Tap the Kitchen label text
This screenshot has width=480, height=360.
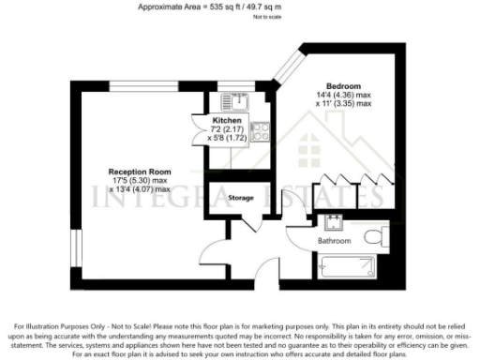pos(228,121)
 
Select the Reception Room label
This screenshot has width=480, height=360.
pos(139,172)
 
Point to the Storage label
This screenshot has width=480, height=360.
pos(241,198)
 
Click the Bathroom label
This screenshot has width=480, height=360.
pos(334,241)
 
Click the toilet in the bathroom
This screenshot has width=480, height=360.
pos(375,234)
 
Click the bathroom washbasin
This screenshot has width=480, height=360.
pos(333,222)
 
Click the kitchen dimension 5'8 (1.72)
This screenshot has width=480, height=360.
pos(228,139)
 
